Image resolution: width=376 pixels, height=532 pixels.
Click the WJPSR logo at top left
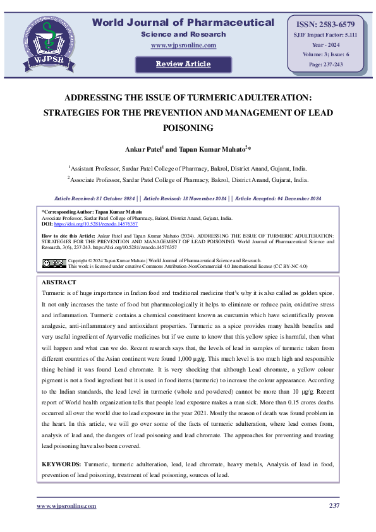tap(44, 40)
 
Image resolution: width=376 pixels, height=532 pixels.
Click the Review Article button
tap(183, 64)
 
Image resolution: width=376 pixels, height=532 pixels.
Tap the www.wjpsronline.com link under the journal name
tap(183, 45)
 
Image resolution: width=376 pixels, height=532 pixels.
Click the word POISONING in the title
tap(188, 127)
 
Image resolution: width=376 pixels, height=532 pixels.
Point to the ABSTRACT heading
tap(59, 282)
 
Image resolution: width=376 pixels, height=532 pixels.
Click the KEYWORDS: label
tap(61, 464)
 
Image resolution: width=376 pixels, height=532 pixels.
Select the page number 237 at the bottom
tap(334, 506)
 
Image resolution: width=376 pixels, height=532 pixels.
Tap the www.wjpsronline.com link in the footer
tap(66, 506)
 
